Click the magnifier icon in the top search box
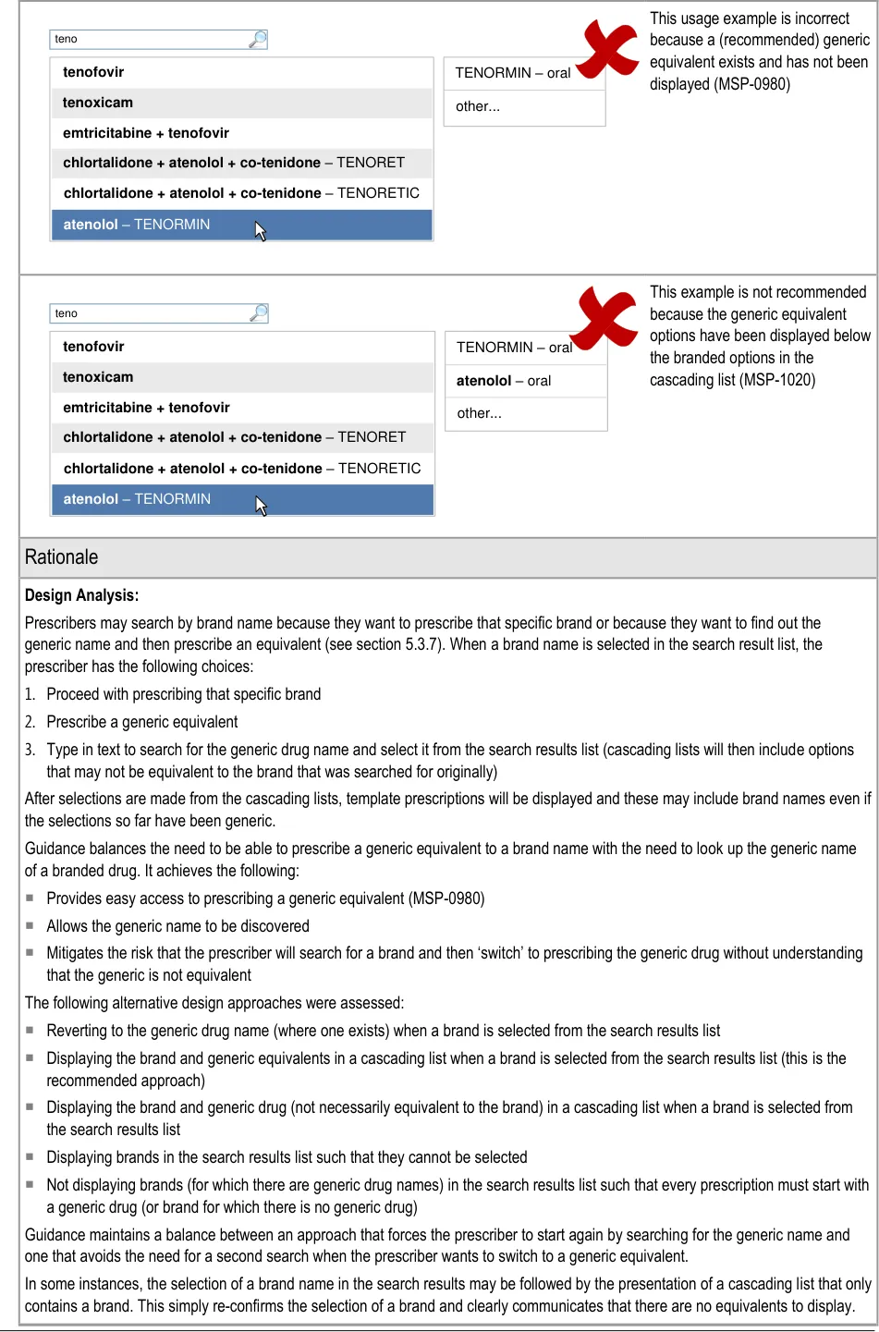click(258, 39)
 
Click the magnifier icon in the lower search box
click(259, 313)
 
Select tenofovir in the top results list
click(93, 72)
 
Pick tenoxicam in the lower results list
click(98, 377)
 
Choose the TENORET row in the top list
click(234, 163)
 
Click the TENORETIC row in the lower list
click(241, 469)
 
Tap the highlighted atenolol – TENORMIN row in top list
click(137, 225)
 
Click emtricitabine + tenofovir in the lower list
click(146, 408)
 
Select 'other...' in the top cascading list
click(478, 106)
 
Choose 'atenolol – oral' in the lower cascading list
click(504, 381)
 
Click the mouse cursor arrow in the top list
click(261, 230)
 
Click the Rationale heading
click(62, 557)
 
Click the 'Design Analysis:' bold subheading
click(82, 595)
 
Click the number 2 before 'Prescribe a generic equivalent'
click(30, 722)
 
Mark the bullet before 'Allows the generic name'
click(31, 925)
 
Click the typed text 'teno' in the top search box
click(67, 39)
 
